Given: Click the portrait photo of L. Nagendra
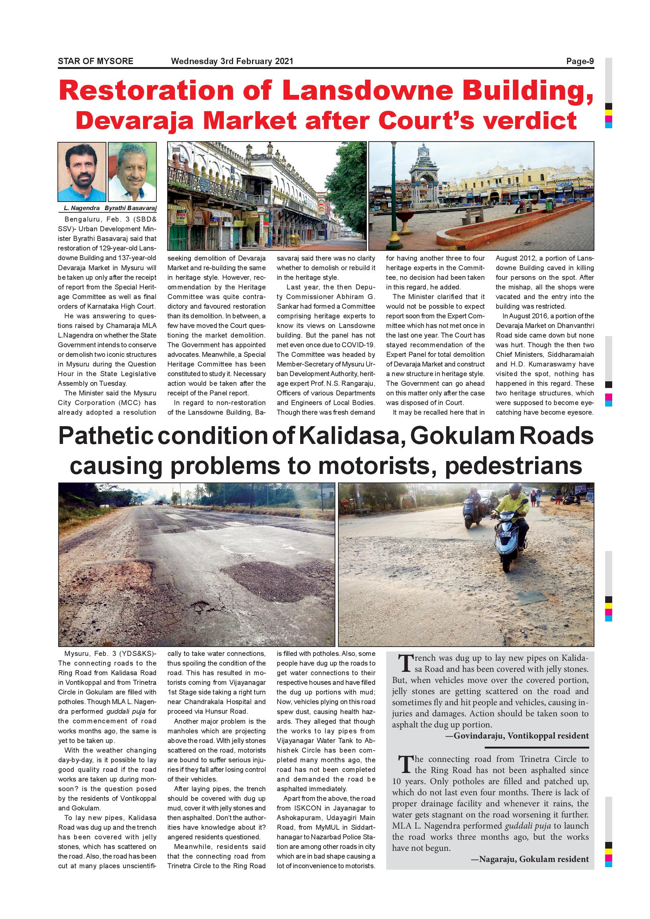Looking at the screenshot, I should [x=82, y=172].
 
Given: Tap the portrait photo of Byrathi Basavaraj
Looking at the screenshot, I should [x=132, y=172].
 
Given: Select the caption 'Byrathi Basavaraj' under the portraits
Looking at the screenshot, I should [x=130, y=208].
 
